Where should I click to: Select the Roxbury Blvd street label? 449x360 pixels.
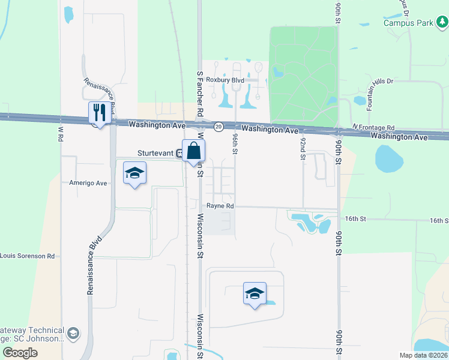click(225, 79)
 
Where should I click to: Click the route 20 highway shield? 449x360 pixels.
click(219, 126)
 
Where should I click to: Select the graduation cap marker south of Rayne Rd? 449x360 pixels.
click(255, 293)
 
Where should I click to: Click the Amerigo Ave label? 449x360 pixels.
click(88, 183)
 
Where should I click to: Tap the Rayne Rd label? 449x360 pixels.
click(220, 206)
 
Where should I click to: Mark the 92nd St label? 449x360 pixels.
click(303, 148)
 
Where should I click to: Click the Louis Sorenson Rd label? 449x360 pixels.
click(28, 256)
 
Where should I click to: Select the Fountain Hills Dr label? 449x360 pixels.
click(370, 94)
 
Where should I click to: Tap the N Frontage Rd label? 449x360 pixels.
click(373, 128)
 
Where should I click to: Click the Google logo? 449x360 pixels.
click(20, 353)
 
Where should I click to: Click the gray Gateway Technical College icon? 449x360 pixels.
click(73, 332)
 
